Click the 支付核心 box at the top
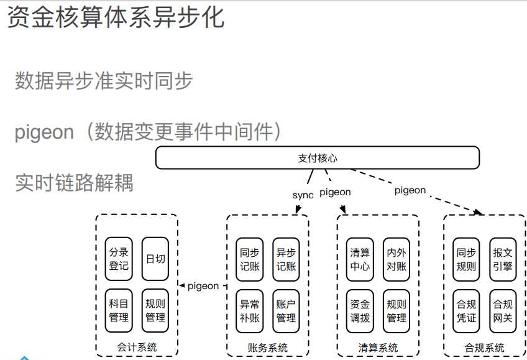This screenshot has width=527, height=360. click(317, 158)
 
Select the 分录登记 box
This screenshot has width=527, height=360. click(119, 259)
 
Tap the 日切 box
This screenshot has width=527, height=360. click(155, 259)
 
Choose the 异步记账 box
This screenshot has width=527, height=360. click(286, 259)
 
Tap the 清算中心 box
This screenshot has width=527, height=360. click(360, 259)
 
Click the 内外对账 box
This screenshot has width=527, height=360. click(396, 259)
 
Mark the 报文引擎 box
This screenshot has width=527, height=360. click(503, 259)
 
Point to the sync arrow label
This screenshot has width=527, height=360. click(303, 195)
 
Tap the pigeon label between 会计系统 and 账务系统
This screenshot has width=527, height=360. click(203, 286)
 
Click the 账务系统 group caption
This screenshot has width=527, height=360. click(267, 348)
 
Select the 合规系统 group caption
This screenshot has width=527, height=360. click(484, 348)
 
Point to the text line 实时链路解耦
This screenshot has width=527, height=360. click(74, 182)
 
